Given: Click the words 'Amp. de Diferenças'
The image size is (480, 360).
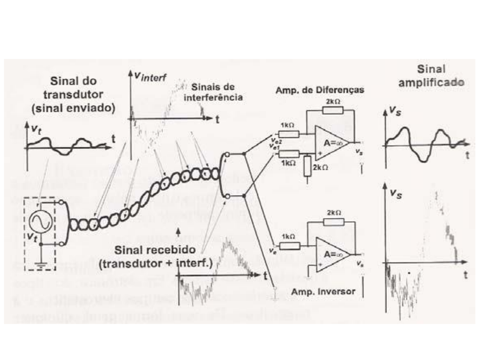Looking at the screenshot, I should pos(320,90).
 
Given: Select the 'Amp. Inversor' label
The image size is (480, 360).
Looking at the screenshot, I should pos(323,292).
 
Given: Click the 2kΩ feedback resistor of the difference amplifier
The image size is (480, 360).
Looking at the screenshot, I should pos(333,110).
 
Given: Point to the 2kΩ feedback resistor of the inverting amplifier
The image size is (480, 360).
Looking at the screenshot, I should pos(334,221).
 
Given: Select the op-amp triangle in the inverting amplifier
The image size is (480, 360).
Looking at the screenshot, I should pos(332,254).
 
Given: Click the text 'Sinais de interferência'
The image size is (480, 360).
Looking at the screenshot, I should pos(213,92).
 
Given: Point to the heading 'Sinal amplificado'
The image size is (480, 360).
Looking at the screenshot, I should pos(431,76).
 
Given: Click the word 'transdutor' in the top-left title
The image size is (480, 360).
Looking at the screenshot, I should pos(73,94).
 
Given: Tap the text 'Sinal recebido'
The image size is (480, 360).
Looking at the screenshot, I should pos(155,250).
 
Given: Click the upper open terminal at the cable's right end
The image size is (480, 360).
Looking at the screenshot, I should pos(227,154).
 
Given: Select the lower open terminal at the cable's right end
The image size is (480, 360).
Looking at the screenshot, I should pos(227,196).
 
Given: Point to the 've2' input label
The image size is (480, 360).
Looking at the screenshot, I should pos(277,141).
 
